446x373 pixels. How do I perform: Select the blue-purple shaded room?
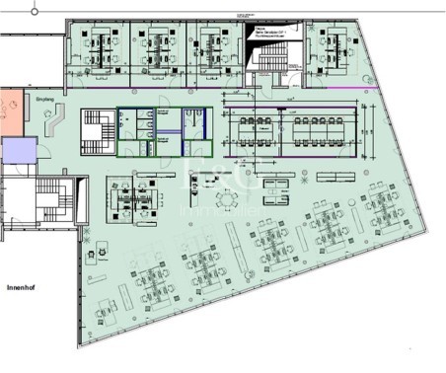17,153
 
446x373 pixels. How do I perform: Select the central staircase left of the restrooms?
96,130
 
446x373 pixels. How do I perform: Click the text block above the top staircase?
270,35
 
